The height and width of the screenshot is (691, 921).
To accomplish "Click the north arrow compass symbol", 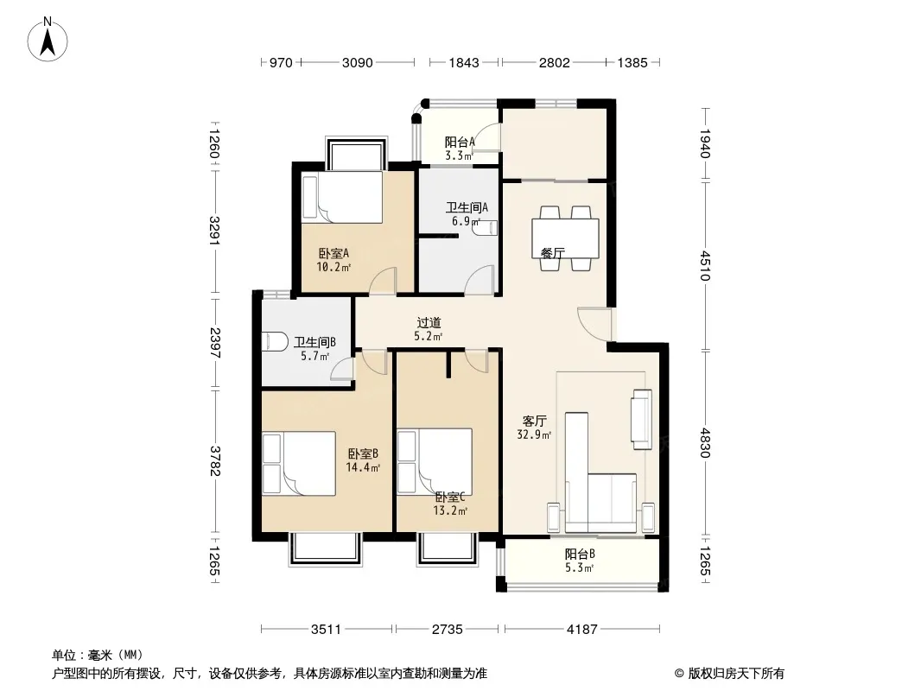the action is click(x=48, y=40).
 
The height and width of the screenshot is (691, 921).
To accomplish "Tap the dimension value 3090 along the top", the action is click(x=357, y=62).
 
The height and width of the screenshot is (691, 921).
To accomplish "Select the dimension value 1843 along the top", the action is click(x=464, y=62).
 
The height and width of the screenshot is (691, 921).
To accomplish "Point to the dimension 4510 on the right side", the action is click(x=705, y=266).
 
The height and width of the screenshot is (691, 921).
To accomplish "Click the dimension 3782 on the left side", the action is click(x=215, y=461).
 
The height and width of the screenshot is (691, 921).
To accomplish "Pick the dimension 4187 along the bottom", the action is click(x=581, y=630).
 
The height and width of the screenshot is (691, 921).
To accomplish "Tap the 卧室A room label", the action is click(x=333, y=254).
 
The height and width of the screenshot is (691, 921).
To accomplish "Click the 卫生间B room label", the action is click(x=314, y=342).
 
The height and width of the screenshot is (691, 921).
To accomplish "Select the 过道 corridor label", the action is click(x=429, y=323).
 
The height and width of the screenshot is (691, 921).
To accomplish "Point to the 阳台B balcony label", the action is click(x=581, y=555).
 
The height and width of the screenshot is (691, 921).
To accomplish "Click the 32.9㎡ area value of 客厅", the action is click(x=534, y=435).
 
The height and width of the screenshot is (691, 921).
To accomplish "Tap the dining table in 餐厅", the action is click(x=565, y=238).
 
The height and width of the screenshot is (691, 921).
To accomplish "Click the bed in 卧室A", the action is click(x=342, y=197).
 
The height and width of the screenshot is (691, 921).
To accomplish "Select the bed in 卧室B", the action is click(x=299, y=464).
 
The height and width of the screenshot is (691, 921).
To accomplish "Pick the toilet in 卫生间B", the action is click(x=274, y=342).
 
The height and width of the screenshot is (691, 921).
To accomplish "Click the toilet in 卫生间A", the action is click(x=486, y=228).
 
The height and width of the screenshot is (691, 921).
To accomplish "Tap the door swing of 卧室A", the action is click(x=383, y=280).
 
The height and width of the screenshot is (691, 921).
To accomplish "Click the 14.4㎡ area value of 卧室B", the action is click(x=363, y=468).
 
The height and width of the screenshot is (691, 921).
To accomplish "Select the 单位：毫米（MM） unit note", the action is click(x=98, y=656).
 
